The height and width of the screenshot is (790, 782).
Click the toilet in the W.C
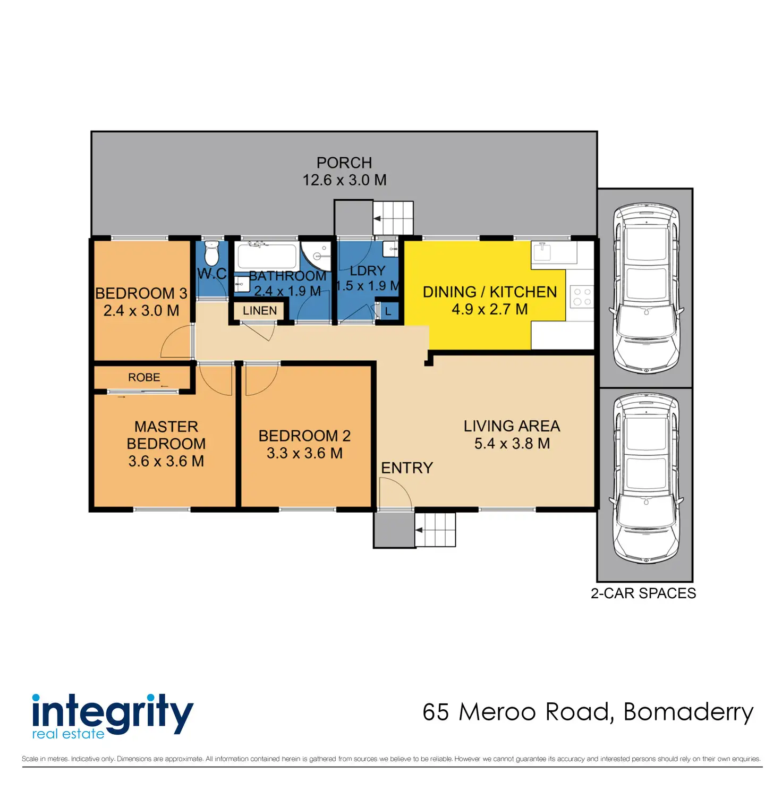[211, 253]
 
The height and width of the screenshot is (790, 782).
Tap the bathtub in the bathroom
[267, 256]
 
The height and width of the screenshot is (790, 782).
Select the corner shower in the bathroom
[317, 256]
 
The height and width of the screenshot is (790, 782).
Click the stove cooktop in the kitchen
[581, 297]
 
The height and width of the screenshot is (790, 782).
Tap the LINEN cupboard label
[260, 311]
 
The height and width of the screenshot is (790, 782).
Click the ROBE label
[144, 377]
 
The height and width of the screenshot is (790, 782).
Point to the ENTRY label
[407, 468]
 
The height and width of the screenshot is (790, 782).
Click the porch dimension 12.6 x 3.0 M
[344, 180]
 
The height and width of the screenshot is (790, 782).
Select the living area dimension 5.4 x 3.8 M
[512, 444]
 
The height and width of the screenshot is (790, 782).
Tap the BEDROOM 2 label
[304, 436]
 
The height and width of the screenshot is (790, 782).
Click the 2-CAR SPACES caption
[643, 593]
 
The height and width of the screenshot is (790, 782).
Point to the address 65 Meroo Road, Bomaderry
[588, 712]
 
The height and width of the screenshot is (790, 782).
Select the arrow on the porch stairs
[378, 218]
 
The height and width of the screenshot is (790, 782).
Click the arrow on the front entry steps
[419, 530]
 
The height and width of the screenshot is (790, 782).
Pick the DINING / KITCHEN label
[489, 292]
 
